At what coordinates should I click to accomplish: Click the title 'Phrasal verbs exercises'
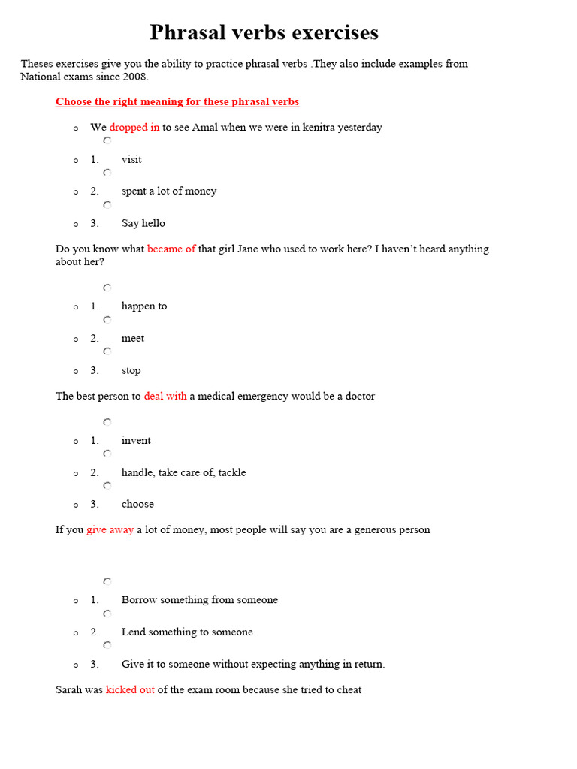(x=264, y=33)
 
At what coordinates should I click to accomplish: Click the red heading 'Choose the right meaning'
(x=177, y=102)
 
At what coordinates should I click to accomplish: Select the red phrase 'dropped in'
(x=134, y=128)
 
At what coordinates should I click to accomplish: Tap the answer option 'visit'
(x=131, y=160)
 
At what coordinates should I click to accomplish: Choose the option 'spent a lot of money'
(x=169, y=191)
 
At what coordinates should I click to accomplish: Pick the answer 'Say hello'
(x=143, y=224)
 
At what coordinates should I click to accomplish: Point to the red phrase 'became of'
(x=171, y=249)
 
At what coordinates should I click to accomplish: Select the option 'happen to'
(x=144, y=306)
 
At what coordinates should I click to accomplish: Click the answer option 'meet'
(x=133, y=339)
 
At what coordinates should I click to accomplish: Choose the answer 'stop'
(x=131, y=371)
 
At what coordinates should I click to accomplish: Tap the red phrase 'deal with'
(x=165, y=397)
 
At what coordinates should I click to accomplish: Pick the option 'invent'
(x=136, y=441)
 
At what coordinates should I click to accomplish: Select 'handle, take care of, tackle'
(x=183, y=473)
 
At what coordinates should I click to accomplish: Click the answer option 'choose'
(x=137, y=505)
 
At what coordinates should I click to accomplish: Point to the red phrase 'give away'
(x=110, y=530)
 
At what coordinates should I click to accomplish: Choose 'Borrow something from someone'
(x=200, y=600)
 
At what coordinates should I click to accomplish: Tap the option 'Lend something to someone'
(x=187, y=632)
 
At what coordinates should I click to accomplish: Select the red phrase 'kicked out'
(x=130, y=690)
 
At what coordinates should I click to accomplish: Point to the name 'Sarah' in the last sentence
(x=69, y=690)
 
